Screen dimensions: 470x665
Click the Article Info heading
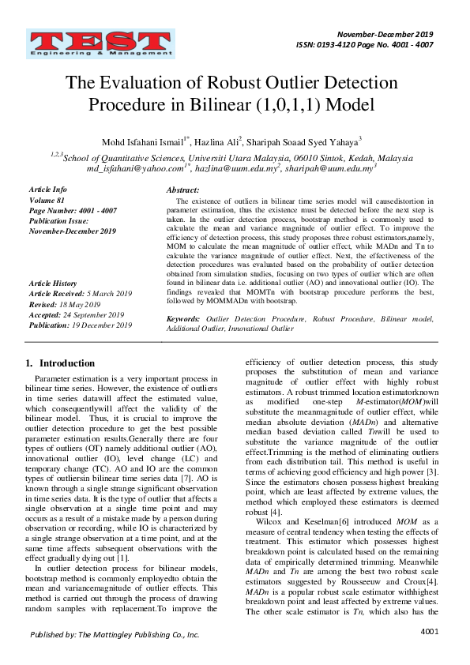point(48,190)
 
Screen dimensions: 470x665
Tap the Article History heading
point(53,283)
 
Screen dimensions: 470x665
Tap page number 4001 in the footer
point(430,632)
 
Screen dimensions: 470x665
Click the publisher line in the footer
point(115,634)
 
